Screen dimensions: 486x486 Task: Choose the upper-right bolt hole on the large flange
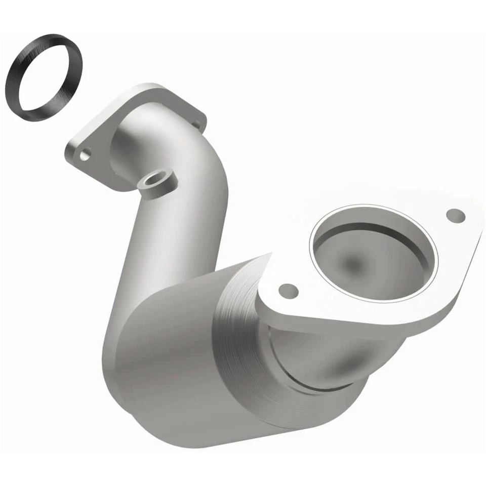coord(456,215)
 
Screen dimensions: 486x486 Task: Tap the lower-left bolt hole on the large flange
coord(288,291)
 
